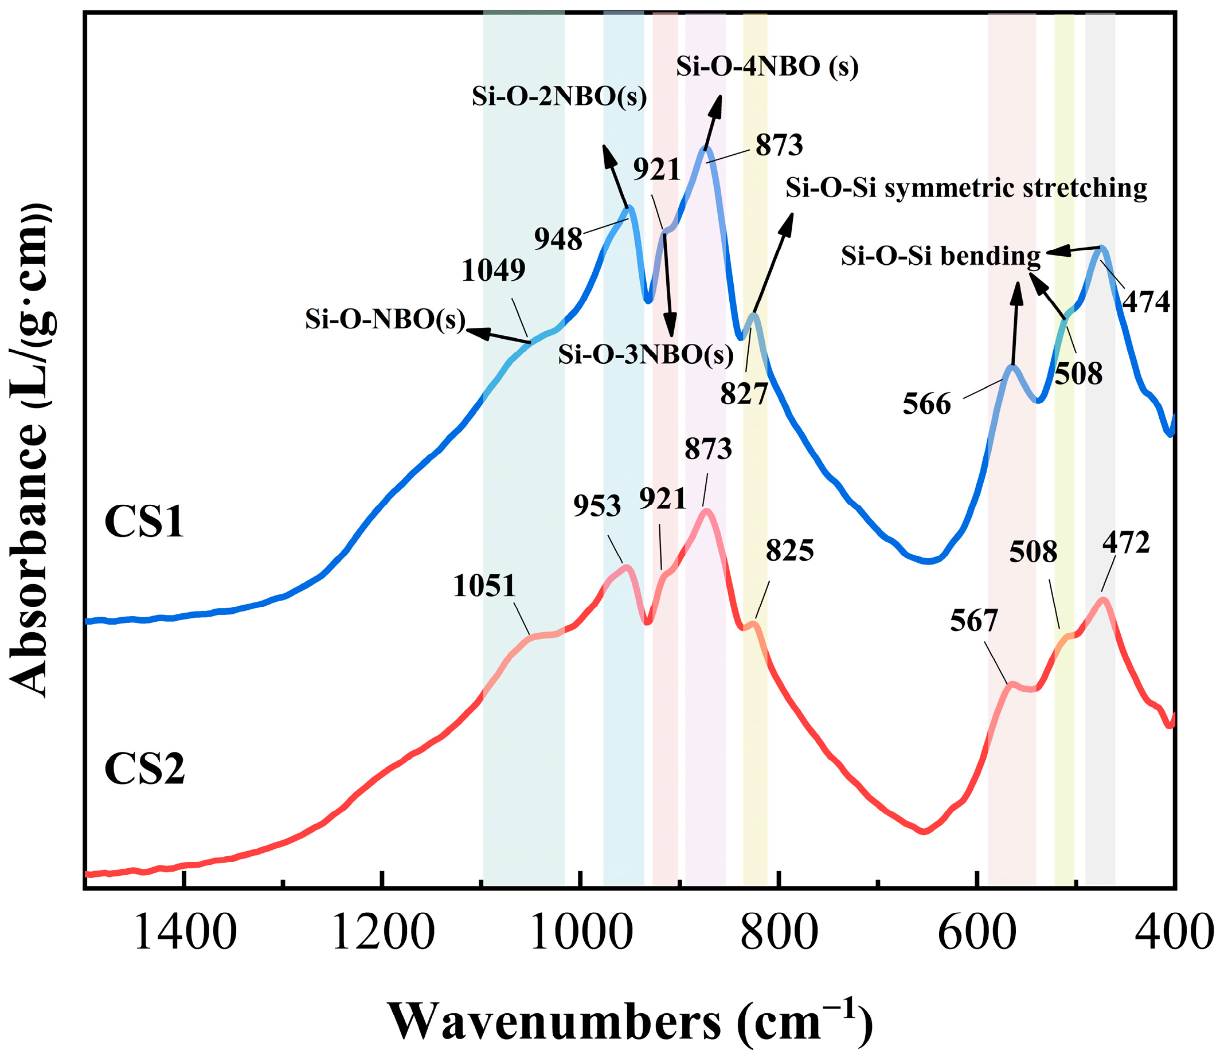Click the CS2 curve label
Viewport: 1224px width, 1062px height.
pyautogui.click(x=144, y=769)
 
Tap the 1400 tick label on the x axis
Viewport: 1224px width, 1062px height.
pyautogui.click(x=186, y=934)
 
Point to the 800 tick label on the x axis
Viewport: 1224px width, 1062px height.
pyautogui.click(x=779, y=934)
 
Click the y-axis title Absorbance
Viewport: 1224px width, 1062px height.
pyautogui.click(x=30, y=450)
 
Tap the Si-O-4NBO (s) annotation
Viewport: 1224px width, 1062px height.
pyautogui.click(x=767, y=67)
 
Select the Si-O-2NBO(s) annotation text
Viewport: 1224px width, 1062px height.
pyautogui.click(x=558, y=97)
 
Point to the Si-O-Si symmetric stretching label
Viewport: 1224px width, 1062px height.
pyautogui.click(x=966, y=189)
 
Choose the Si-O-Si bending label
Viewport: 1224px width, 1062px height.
pyautogui.click(x=941, y=256)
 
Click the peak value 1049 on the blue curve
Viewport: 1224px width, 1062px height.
pyautogui.click(x=494, y=271)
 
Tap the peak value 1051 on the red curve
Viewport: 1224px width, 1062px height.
pyautogui.click(x=485, y=587)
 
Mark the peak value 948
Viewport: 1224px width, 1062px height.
pyautogui.click(x=558, y=240)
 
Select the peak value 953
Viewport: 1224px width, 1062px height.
pyautogui.click(x=597, y=506)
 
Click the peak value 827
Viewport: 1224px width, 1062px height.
pyautogui.click(x=744, y=393)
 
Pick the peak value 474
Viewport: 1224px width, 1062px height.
pyautogui.click(x=1147, y=302)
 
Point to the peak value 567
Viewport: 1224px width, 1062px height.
pyautogui.click(x=974, y=622)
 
